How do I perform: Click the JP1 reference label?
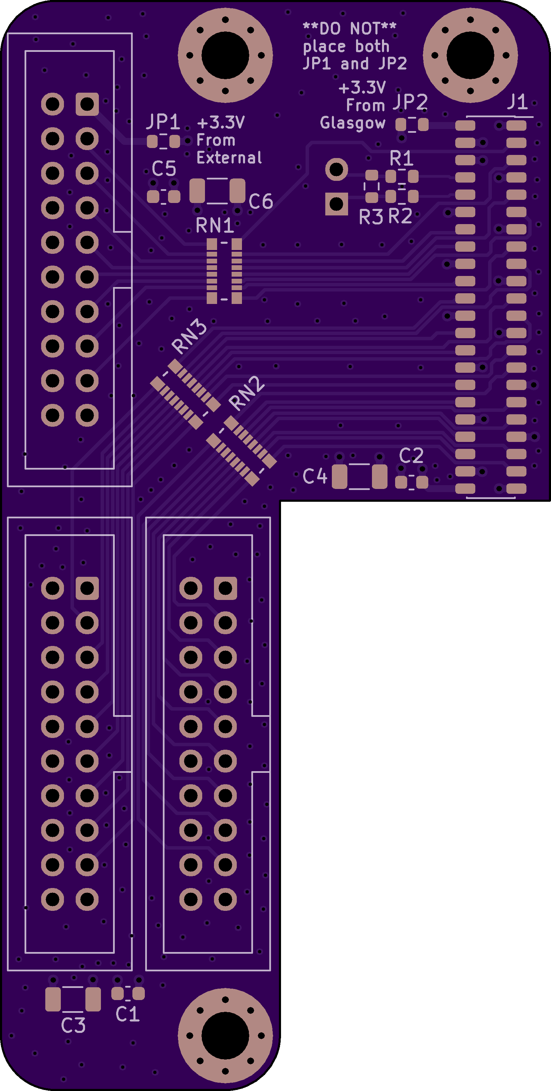(x=164, y=122)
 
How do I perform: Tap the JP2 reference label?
(x=410, y=102)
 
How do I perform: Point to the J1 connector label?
(x=517, y=102)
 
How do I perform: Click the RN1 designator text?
(x=215, y=225)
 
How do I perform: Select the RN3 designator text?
(x=189, y=336)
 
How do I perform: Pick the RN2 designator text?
(x=246, y=393)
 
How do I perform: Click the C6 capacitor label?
(x=261, y=201)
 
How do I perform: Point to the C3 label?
(x=73, y=1025)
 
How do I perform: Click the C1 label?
(x=128, y=1014)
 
